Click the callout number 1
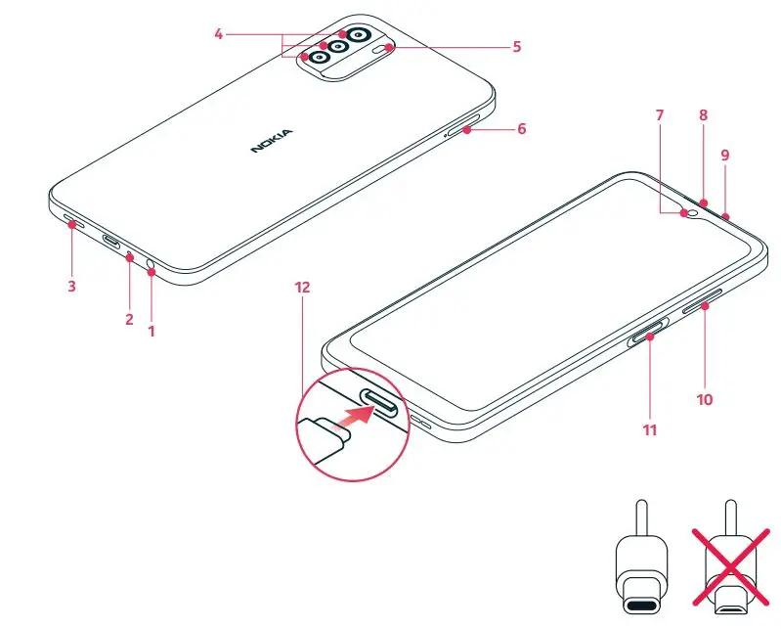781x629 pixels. click(152, 331)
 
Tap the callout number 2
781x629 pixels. click(129, 319)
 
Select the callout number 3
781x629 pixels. click(71, 288)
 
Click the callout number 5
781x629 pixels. click(517, 46)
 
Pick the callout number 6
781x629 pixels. click(522, 128)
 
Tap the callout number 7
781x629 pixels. click(660, 115)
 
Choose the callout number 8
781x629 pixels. click(703, 115)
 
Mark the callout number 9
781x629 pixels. click(724, 155)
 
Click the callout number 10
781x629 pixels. click(704, 398)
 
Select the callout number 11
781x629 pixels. click(649, 428)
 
